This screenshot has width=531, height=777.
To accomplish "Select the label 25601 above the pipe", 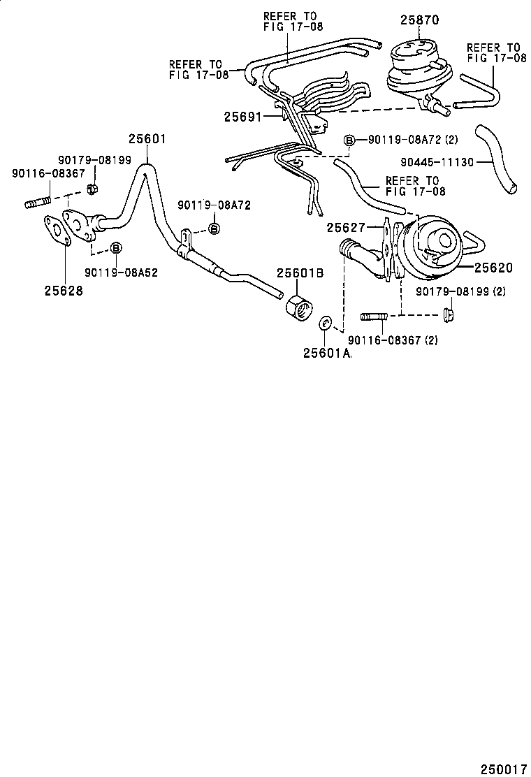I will tap(146, 139).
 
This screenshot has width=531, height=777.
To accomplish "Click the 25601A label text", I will tap(326, 354).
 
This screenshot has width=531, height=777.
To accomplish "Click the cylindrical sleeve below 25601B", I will tap(299, 308).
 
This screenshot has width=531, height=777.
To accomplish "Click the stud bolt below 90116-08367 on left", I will tap(38, 204).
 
